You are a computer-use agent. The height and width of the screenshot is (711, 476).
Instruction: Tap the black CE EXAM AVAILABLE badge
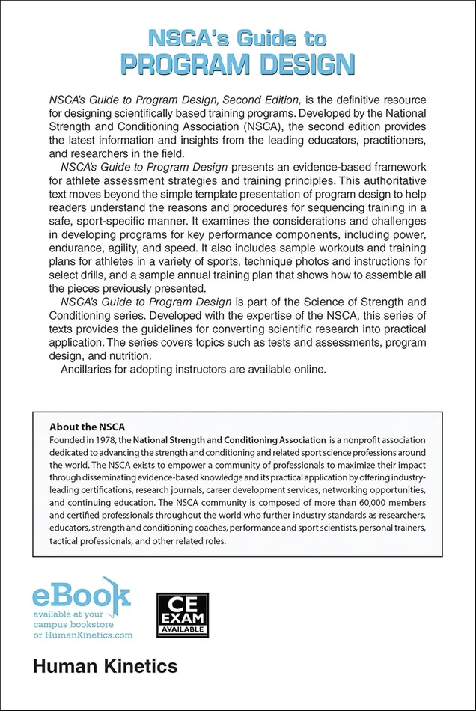[182, 615]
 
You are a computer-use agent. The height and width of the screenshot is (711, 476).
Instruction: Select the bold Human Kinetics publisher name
[105, 665]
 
